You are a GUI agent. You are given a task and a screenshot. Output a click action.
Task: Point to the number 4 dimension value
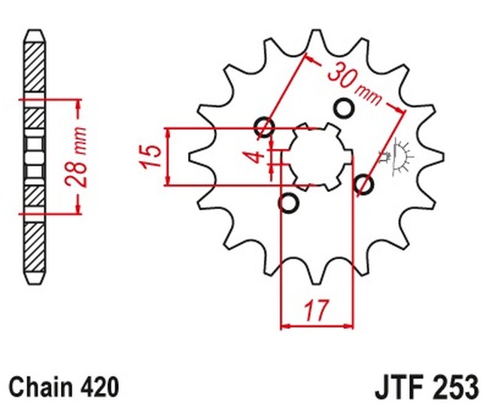click(257, 157)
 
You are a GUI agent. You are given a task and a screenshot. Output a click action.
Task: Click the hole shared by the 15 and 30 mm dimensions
click(265, 127)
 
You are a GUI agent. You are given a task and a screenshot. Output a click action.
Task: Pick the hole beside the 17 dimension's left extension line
click(288, 202)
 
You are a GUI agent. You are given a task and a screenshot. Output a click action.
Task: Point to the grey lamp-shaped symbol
click(397, 154)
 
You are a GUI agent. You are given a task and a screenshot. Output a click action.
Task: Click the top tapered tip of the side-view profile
click(33, 35)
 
